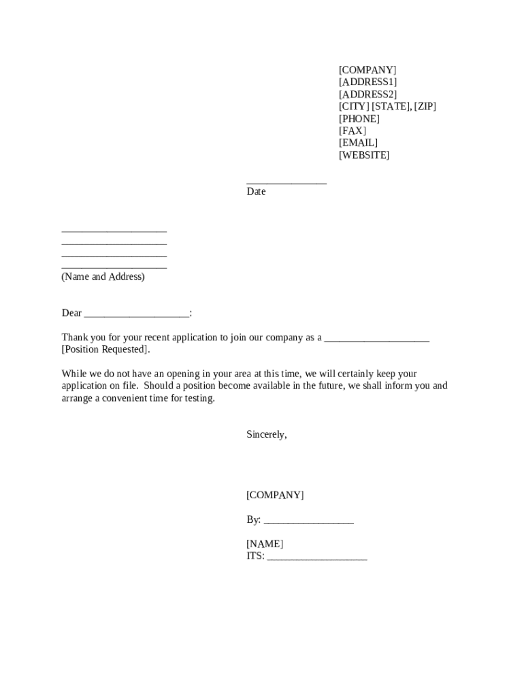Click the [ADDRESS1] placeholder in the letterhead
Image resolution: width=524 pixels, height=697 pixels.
coord(367,82)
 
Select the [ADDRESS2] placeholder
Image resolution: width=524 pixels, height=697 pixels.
coord(367,95)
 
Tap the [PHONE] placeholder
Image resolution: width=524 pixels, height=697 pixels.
coord(359,119)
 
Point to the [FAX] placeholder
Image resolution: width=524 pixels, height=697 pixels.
coord(352,131)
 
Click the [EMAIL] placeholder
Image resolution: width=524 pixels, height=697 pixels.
coord(358,143)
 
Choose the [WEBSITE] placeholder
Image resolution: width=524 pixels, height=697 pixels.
coord(364,155)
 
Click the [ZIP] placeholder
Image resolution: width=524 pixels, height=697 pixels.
coord(425,107)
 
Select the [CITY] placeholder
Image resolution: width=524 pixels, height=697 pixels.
coord(354,107)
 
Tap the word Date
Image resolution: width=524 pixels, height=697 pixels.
coord(256,192)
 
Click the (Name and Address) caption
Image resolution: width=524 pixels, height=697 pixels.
coord(103,277)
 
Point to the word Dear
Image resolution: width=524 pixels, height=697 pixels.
coord(71,313)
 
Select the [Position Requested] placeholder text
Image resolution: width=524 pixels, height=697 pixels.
coord(105,350)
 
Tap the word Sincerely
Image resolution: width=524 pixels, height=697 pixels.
coord(266,434)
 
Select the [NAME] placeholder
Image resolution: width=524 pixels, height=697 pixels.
coord(265,544)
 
